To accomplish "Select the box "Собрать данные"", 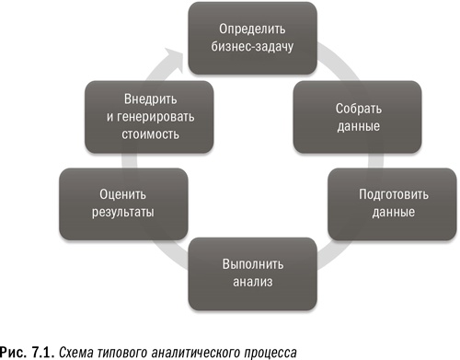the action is (x=359, y=115).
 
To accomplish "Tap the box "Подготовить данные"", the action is (x=385, y=203).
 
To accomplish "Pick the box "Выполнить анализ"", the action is (x=248, y=273).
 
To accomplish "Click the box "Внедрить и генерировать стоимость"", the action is (x=141, y=115).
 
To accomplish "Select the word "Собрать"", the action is (x=359, y=106).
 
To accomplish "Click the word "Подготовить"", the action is (x=385, y=193).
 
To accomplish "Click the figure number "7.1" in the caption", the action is (x=45, y=349).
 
